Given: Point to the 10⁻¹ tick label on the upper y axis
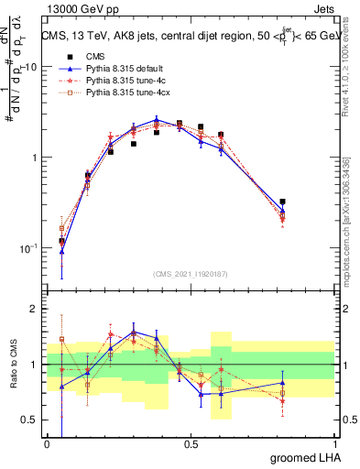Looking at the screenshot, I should (29, 248).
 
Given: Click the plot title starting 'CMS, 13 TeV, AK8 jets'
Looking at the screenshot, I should (191, 37).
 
